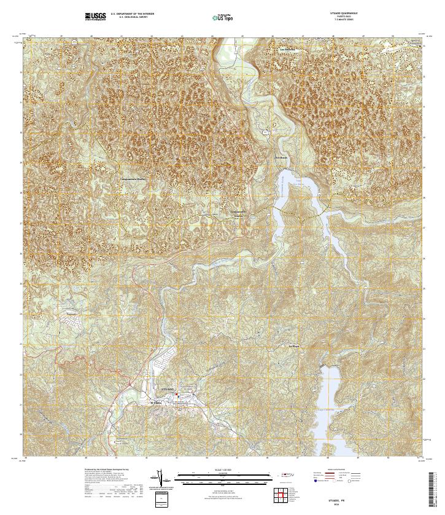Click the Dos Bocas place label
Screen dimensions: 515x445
280,158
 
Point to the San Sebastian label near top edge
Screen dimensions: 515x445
288,49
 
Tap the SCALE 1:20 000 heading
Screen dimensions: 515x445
222,471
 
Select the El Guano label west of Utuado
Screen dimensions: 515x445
158,403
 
